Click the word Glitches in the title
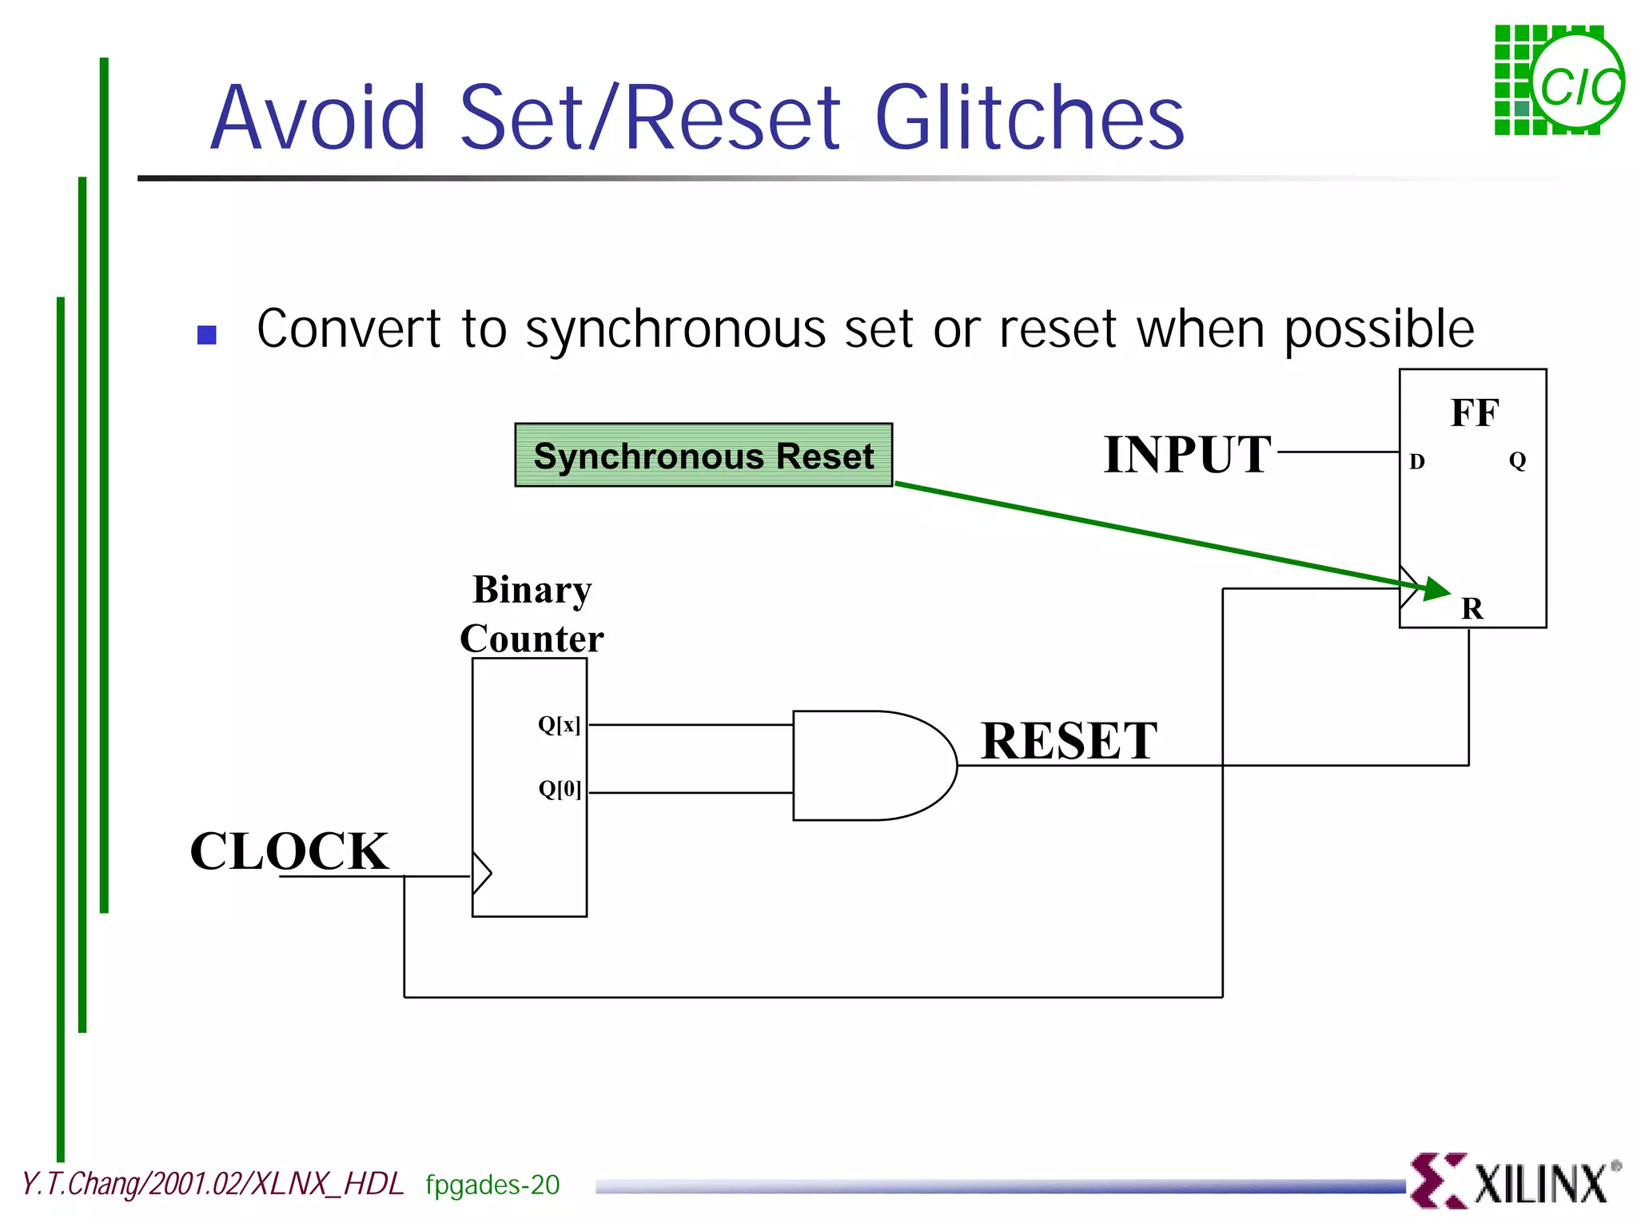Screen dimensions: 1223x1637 [1030, 118]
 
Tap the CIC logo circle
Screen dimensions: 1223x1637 [1579, 82]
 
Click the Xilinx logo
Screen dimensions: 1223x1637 [1515, 1181]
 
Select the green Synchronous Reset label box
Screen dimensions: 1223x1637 [703, 456]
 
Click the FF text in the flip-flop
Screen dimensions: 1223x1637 [1474, 413]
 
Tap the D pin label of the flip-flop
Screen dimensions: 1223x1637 [1416, 461]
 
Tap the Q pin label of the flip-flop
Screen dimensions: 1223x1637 [1517, 460]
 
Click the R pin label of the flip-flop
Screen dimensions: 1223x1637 [1472, 609]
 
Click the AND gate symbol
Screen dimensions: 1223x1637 [871, 765]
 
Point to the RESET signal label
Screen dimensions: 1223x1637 [1069, 740]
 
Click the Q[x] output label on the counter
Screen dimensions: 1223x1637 [559, 724]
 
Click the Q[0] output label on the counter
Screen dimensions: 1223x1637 [560, 789]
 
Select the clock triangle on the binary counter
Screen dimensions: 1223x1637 [481, 873]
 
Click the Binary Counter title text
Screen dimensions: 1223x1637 [532, 614]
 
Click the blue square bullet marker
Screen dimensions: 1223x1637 [207, 334]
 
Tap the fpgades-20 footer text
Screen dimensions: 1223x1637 [492, 1185]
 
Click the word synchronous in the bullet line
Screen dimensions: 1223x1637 [675, 329]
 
